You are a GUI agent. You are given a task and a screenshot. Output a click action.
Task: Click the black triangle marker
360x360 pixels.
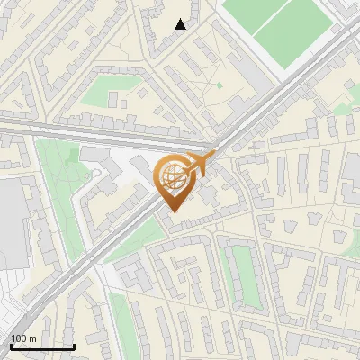[x=181, y=24]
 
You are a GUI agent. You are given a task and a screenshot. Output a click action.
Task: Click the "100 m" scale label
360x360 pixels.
[x=23, y=338]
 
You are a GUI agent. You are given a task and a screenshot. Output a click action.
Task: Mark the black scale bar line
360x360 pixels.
[x=41, y=346]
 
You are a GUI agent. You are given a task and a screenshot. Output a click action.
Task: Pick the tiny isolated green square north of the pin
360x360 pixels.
[x=219, y=85]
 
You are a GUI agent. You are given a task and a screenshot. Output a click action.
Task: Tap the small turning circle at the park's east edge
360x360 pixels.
[x=86, y=175]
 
